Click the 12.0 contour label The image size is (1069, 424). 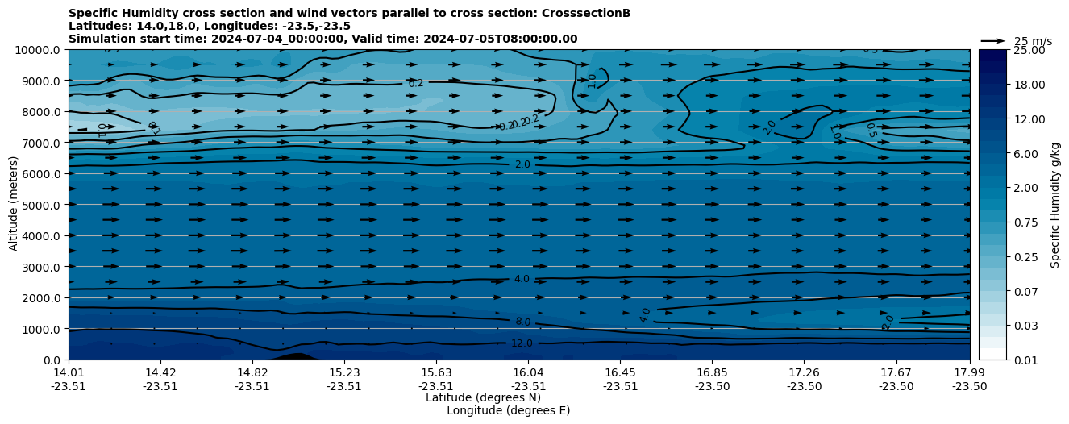tap(522, 343)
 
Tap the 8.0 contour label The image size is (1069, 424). tap(522, 322)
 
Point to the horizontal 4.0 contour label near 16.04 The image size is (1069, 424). tap(522, 279)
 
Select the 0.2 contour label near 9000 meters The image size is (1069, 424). tap(416, 83)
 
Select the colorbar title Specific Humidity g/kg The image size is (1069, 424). tap(1055, 205)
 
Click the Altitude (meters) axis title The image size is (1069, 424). tap(14, 205)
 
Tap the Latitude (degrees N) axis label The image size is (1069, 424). tap(483, 397)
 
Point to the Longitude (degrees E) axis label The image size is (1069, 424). tap(508, 410)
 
